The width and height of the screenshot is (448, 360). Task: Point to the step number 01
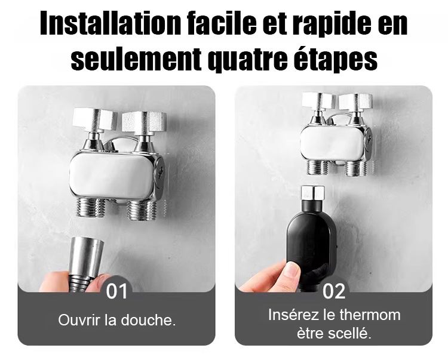[117, 291]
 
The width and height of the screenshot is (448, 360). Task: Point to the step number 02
[334, 291]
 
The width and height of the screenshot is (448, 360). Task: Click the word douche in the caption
[146, 320]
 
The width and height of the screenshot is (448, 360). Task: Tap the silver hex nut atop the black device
[312, 193]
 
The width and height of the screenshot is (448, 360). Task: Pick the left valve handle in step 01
[95, 119]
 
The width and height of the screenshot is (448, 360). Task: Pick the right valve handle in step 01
[144, 122]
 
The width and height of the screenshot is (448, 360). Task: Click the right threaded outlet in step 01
[142, 210]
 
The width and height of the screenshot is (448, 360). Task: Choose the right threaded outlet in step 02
[355, 168]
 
